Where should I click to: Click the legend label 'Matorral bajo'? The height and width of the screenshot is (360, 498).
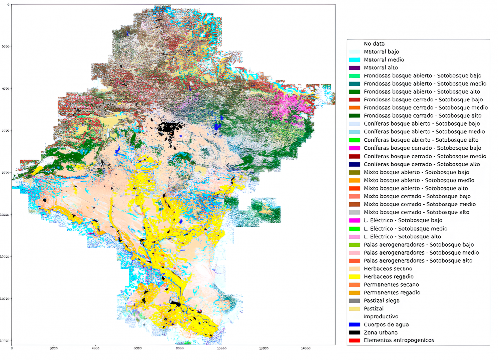coord(381,52)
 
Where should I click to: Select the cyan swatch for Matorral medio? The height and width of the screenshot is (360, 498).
coord(354,60)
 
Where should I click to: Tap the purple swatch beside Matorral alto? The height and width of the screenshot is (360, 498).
coord(354,68)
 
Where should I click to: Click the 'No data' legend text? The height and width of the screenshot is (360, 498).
coord(374,44)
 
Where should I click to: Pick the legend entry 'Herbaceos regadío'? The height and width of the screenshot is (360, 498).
coord(389,277)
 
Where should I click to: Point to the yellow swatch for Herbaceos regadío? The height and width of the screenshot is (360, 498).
coord(354,277)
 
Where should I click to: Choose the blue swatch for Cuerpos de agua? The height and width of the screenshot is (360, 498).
coord(354,325)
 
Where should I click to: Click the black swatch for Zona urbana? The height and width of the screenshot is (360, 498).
coord(354,333)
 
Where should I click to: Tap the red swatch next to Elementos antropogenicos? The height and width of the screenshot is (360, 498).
coord(354,340)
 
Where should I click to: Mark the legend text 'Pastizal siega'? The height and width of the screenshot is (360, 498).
coord(382,301)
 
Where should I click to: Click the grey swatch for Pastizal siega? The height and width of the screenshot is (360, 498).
coord(354,301)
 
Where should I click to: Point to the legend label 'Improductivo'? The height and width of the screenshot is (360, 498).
coord(381,317)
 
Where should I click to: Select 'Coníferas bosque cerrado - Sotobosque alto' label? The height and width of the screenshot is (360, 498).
coord(422,164)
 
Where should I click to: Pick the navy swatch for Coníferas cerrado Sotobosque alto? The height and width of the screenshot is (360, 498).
coord(354,164)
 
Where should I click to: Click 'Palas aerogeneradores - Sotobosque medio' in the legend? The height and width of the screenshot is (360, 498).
coord(421,253)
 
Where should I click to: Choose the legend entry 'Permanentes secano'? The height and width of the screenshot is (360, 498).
coord(391,285)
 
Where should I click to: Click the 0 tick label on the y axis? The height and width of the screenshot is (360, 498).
coord(8,5)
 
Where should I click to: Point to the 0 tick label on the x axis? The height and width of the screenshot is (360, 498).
coord(12,348)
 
